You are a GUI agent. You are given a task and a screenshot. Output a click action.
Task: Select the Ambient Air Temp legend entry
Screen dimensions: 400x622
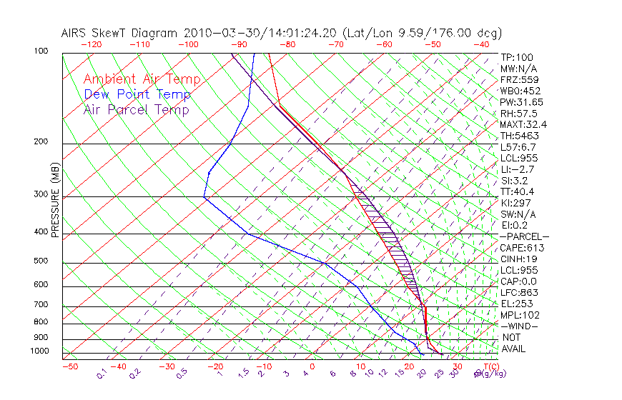tap(142, 80)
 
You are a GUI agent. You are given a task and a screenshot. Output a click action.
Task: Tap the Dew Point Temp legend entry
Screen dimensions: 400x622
tap(137, 95)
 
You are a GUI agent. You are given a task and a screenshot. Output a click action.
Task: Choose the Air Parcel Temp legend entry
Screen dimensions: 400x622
tap(136, 110)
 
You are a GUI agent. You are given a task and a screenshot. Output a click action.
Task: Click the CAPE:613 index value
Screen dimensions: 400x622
tap(522, 248)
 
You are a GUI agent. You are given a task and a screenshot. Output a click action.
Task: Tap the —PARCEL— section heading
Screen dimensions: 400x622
tap(524, 236)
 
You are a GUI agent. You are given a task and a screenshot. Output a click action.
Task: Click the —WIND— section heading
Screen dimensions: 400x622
tap(520, 326)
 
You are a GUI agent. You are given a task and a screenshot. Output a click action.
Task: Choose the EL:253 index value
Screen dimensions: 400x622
tap(517, 304)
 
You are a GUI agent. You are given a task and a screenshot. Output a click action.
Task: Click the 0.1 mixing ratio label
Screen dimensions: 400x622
tap(102, 374)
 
